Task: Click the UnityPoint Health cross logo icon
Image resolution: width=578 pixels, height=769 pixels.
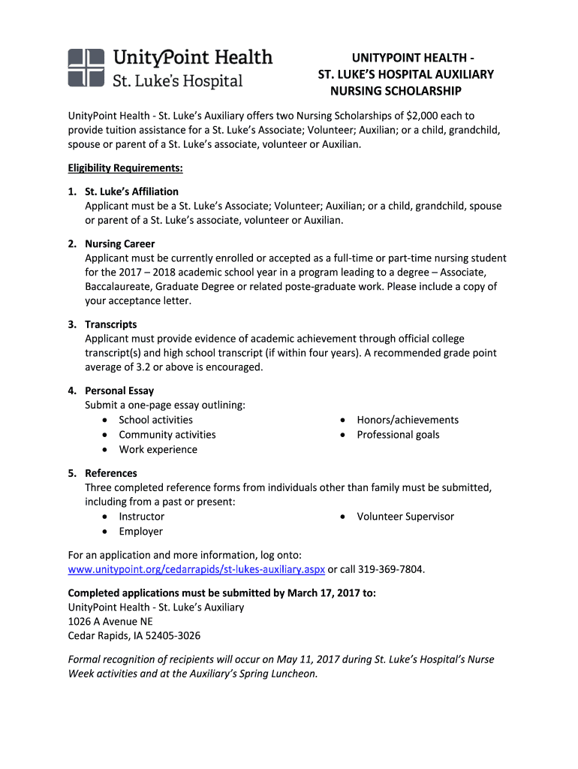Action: tap(86, 68)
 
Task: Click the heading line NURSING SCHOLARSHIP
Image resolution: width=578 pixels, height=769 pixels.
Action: tap(396, 91)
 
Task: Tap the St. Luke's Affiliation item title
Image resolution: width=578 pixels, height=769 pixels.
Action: tap(131, 191)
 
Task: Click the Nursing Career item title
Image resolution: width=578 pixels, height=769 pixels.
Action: tap(120, 243)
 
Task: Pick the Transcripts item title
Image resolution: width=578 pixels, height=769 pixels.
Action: tap(111, 324)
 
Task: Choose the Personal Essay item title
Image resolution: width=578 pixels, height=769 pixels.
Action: tap(119, 391)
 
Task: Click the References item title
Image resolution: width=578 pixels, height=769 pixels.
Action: tap(111, 473)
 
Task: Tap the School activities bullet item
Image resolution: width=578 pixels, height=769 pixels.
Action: tap(155, 420)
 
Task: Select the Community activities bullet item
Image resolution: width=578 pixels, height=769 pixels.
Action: tap(167, 435)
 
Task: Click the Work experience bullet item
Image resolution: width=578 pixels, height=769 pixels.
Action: tap(158, 450)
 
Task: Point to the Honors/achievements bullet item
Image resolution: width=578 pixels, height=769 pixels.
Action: tap(408, 420)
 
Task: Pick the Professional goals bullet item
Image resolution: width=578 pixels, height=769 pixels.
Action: tap(398, 435)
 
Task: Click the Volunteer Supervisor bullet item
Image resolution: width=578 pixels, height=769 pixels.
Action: tap(405, 517)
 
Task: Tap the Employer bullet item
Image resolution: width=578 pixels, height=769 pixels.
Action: tap(140, 532)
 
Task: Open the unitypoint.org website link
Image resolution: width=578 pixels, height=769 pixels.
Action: tap(196, 569)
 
